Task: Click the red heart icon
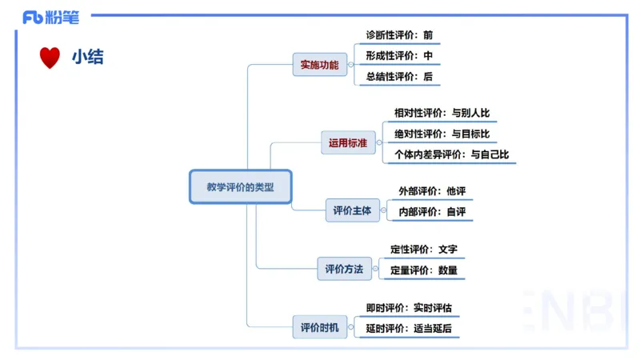50,58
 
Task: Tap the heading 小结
87,58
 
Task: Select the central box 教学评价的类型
240,187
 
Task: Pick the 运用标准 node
348,143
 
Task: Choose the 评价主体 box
353,211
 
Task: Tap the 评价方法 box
344,270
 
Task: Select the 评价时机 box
319,327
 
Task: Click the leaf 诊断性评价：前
399,35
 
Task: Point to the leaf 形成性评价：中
399,56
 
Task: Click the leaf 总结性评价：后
399,77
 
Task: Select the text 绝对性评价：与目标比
442,134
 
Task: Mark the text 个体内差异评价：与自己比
451,154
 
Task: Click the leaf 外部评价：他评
432,191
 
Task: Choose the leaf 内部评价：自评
432,212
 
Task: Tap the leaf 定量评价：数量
424,270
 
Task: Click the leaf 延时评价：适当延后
414,329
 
